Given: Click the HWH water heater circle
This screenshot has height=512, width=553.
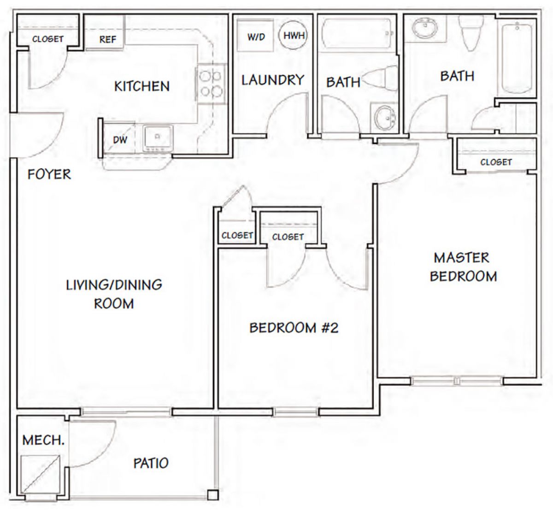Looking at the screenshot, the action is pos(293,36).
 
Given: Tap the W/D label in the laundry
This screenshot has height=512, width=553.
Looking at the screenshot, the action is pos(256,37).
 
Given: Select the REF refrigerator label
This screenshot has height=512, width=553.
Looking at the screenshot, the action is pos(108,40).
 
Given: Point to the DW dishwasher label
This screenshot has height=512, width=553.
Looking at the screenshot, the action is pos(120,140).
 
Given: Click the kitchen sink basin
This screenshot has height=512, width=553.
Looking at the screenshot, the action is pos(158,138).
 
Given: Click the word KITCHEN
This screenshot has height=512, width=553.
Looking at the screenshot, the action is pos(142,86).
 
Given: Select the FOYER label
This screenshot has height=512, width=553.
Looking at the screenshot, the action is pos(49,174).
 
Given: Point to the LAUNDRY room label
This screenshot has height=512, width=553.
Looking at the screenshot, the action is pos(273,80).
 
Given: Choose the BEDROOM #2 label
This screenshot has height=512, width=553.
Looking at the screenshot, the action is pos(294,328).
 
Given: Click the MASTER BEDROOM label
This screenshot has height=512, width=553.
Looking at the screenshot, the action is pos(463,267).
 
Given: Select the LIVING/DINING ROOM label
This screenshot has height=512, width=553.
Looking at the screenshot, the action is pos(114,294).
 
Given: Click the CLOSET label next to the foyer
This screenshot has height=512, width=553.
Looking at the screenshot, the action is pos(48,39).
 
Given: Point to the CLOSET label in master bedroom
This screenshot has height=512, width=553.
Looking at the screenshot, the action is pos(496,162).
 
